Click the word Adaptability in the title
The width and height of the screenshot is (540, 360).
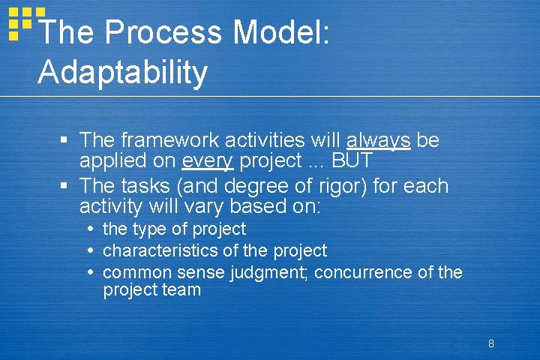point(122,72)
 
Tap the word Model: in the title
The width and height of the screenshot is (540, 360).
point(281,32)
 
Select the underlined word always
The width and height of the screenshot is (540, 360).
point(378,140)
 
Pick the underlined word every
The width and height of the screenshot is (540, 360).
point(207,160)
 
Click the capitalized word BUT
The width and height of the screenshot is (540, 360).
point(352,160)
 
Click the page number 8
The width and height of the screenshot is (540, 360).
point(490,344)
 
